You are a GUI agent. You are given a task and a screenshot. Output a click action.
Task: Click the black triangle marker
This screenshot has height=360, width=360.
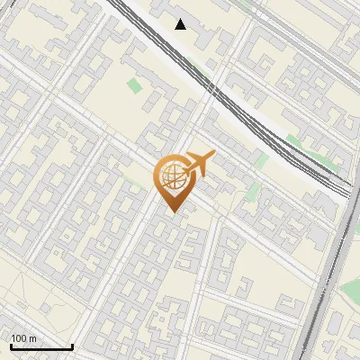point(181,24)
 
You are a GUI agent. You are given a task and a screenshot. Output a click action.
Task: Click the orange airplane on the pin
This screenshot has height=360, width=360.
point(197,164)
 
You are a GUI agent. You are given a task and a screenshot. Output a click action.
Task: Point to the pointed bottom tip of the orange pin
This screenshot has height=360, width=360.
point(172,211)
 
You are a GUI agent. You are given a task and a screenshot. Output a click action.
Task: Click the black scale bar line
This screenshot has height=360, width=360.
point(41,347)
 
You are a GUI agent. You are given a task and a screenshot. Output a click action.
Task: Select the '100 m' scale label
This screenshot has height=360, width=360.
point(23,338)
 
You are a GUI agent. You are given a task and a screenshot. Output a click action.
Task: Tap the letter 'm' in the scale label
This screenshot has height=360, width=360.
point(32,338)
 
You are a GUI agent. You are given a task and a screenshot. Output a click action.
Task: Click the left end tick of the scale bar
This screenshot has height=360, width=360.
point(11,346)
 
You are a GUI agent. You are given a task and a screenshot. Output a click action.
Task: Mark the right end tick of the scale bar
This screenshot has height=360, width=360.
point(72,346)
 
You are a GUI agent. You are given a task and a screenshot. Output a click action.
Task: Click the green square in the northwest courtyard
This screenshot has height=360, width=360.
point(134,85)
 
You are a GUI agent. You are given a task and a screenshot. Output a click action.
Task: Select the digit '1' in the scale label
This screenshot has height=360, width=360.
point(13,338)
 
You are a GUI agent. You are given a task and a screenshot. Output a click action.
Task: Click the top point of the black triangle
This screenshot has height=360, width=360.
point(181,19)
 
